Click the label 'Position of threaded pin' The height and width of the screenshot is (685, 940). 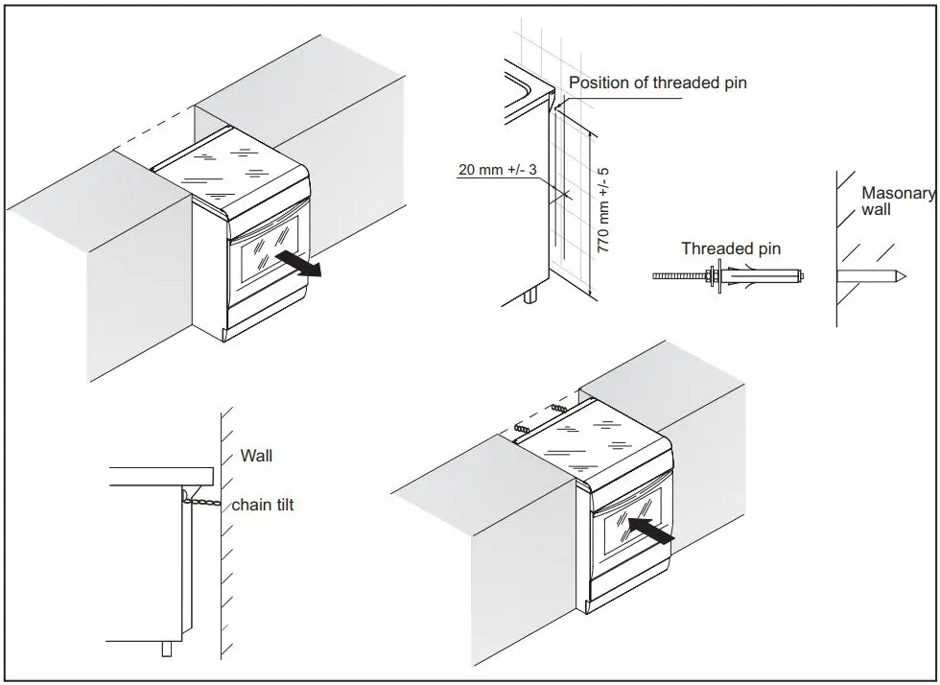click(x=657, y=83)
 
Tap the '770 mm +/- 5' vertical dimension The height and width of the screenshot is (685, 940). click(x=603, y=209)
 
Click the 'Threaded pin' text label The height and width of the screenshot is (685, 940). click(x=731, y=248)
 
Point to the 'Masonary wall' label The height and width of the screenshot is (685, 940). click(x=896, y=201)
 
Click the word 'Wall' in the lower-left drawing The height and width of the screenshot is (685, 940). click(x=256, y=456)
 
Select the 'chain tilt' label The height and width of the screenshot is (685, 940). click(x=262, y=505)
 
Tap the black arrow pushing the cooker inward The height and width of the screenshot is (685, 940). click(x=646, y=531)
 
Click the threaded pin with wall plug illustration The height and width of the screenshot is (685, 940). click(x=729, y=276)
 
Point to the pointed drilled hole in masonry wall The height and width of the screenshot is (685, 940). click(x=872, y=276)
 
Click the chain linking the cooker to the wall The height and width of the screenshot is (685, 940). click(x=203, y=500)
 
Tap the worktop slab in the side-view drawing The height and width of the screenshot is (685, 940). click(x=160, y=474)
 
